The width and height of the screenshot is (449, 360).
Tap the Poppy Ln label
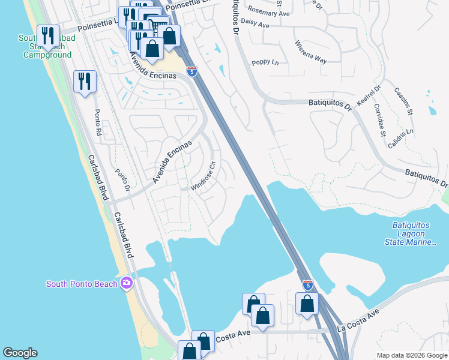tap(265, 62)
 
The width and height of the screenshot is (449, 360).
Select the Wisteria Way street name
tap(310, 52)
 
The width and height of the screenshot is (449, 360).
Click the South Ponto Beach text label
tap(82, 283)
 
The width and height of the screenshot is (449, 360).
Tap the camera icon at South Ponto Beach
tap(126, 283)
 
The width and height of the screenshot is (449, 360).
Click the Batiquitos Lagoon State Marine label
tap(411, 233)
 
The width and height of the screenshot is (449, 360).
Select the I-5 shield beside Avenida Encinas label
tap(191, 72)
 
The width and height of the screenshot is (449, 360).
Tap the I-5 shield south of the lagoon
tap(307, 284)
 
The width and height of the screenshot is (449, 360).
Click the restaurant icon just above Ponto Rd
tap(85, 81)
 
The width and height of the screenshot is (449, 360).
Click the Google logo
tap(20, 353)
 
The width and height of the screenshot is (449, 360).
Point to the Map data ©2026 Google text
tap(412, 355)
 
